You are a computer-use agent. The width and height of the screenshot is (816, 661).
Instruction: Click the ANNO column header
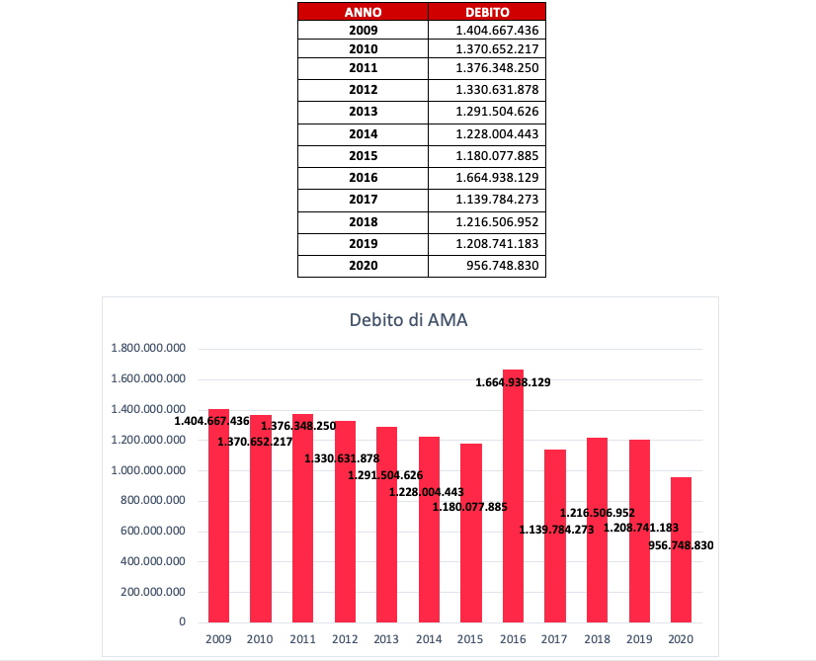[x=363, y=12]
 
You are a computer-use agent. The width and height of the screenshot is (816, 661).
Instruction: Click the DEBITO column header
[x=487, y=12]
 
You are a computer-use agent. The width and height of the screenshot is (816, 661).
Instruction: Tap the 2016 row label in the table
[x=363, y=178]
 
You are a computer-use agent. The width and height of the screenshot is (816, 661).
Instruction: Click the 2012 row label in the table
[x=363, y=90]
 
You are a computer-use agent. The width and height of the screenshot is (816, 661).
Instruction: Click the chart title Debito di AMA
[x=409, y=319]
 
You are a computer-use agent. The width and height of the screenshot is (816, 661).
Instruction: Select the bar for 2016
[x=513, y=496]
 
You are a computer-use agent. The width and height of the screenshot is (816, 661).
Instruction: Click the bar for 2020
[x=681, y=549]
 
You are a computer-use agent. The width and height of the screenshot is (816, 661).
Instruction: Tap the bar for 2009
[x=218, y=516]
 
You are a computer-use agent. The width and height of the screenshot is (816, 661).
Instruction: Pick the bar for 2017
[x=555, y=537]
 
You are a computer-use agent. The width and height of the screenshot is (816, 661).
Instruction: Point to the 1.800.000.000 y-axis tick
[x=148, y=348]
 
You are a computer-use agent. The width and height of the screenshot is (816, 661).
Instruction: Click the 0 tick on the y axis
[x=182, y=621]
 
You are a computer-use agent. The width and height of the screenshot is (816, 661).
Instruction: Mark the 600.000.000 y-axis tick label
[x=153, y=531]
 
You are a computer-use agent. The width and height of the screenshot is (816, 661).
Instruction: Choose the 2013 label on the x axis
[x=386, y=639]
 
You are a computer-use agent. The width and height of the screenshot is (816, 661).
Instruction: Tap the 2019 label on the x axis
[x=639, y=639]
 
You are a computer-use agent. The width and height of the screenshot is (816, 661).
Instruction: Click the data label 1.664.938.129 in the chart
[x=513, y=382]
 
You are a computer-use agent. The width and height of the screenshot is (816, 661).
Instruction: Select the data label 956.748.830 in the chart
[x=681, y=545]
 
